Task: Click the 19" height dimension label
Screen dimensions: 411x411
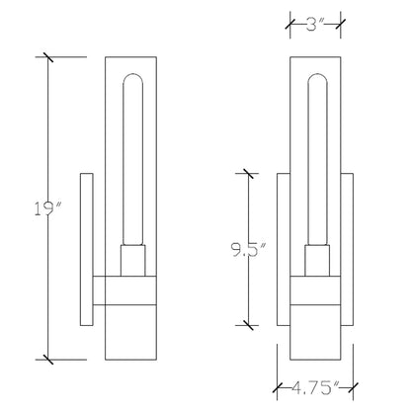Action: coord(48,208)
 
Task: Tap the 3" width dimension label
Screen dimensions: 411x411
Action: coord(315,24)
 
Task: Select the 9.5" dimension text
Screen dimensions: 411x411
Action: coord(249,250)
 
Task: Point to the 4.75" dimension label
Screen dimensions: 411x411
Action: coord(315,387)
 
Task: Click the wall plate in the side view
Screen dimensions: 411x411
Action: coord(87,249)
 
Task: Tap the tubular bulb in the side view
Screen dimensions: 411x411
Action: coord(132,159)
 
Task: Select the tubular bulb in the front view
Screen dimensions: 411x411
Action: coord(317,159)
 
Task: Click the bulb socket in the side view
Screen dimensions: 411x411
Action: coord(133,261)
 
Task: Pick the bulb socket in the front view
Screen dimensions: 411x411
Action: coord(317,261)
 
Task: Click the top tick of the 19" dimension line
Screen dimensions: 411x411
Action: coord(48,57)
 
